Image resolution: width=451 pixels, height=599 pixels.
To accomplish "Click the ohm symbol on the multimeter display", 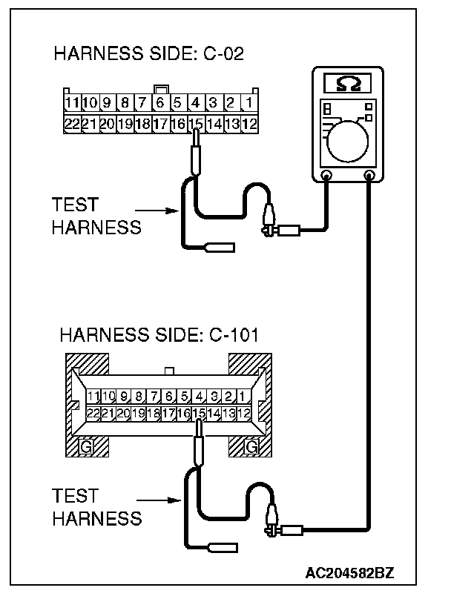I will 348,85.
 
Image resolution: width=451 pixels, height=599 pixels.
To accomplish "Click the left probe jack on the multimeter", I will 326,176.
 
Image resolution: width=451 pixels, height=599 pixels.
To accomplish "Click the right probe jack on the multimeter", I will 369,176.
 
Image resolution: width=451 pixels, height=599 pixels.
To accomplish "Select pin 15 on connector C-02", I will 196,124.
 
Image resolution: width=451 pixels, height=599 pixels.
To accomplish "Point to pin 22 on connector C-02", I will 72,124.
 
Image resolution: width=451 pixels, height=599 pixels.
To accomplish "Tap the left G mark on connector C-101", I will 86,448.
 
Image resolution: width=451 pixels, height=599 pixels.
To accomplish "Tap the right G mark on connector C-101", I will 251,448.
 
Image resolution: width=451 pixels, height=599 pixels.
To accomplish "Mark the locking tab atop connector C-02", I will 159,90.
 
